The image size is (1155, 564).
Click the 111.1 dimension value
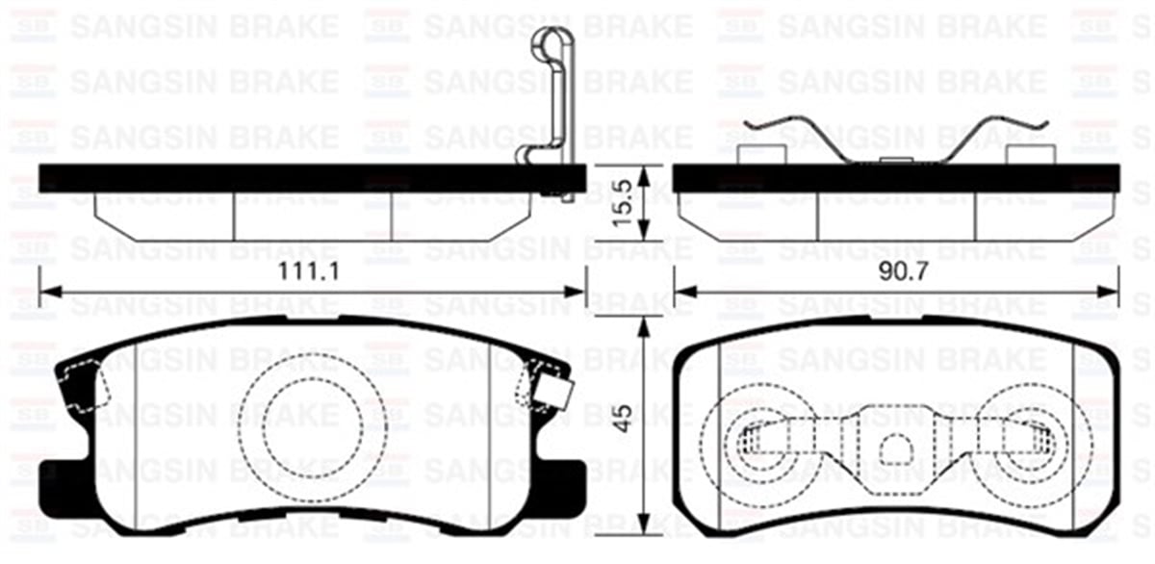pos(309,271)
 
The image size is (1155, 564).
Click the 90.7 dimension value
pos(904,271)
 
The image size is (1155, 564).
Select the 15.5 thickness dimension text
pos(623,202)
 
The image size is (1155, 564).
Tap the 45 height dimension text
pos(624,419)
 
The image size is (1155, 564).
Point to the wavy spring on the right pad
pos(896,139)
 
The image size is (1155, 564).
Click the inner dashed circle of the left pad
pos(313,427)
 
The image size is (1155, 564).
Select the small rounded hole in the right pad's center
pos(896,448)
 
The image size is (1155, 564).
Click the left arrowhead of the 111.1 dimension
pos(50,292)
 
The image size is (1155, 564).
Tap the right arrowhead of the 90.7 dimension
pos(1108,292)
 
